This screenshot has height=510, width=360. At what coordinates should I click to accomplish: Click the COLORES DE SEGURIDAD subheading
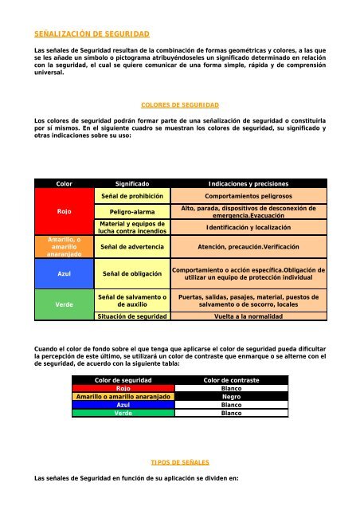(x=179, y=105)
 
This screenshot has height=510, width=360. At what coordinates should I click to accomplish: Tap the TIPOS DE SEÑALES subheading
(x=179, y=461)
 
